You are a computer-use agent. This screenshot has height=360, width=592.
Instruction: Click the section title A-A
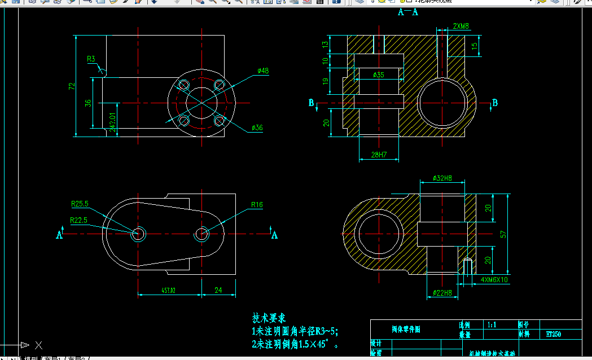pyautogui.click(x=408, y=11)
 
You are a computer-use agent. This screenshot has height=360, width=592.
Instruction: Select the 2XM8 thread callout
pyautogui.click(x=461, y=26)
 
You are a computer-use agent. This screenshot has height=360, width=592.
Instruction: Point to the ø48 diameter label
pyautogui.click(x=263, y=71)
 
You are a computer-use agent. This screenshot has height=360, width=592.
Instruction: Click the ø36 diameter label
pyautogui.click(x=257, y=128)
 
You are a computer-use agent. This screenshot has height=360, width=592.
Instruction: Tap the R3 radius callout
pyautogui.click(x=91, y=59)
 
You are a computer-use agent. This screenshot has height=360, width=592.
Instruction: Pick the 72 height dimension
pyautogui.click(x=72, y=86)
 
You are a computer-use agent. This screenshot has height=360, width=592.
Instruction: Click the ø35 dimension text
pyautogui.click(x=379, y=74)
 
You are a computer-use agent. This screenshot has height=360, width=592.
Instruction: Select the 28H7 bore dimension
pyautogui.click(x=379, y=155)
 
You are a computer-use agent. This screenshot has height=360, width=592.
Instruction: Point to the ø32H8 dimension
pyautogui.click(x=442, y=178)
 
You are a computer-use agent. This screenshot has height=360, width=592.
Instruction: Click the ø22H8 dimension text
pyautogui.click(x=442, y=293)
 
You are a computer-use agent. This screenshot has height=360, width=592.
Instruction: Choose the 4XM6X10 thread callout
pyautogui.click(x=494, y=279)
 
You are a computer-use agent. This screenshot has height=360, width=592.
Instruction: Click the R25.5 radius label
pyautogui.click(x=80, y=204)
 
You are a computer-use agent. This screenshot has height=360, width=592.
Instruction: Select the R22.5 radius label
pyautogui.click(x=78, y=220)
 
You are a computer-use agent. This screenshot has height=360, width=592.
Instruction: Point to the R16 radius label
pyautogui.click(x=257, y=205)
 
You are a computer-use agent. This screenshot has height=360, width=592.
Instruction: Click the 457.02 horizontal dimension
pyautogui.click(x=169, y=290)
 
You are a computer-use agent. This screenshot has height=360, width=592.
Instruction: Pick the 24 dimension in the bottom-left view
pyautogui.click(x=218, y=290)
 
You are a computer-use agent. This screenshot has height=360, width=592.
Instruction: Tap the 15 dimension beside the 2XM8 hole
pyautogui.click(x=475, y=45)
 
